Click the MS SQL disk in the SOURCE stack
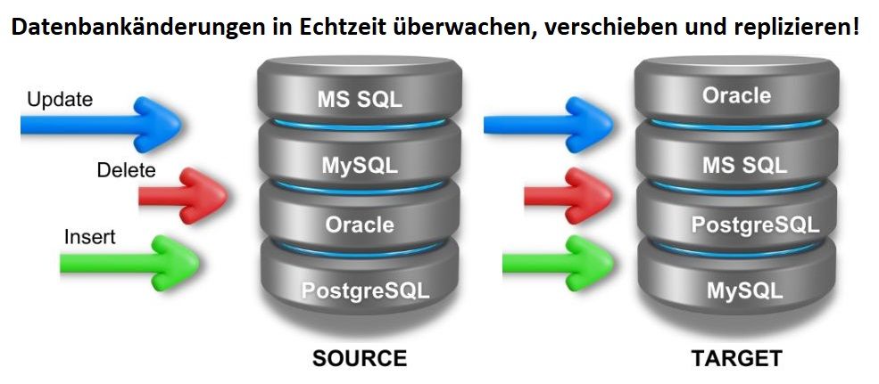[360, 98]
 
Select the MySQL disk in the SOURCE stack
[360, 165]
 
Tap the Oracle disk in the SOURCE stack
[360, 225]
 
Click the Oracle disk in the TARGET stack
[736, 94]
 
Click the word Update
[60, 100]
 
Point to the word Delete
[126, 170]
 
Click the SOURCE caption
[359, 359]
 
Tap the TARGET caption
[736, 359]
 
